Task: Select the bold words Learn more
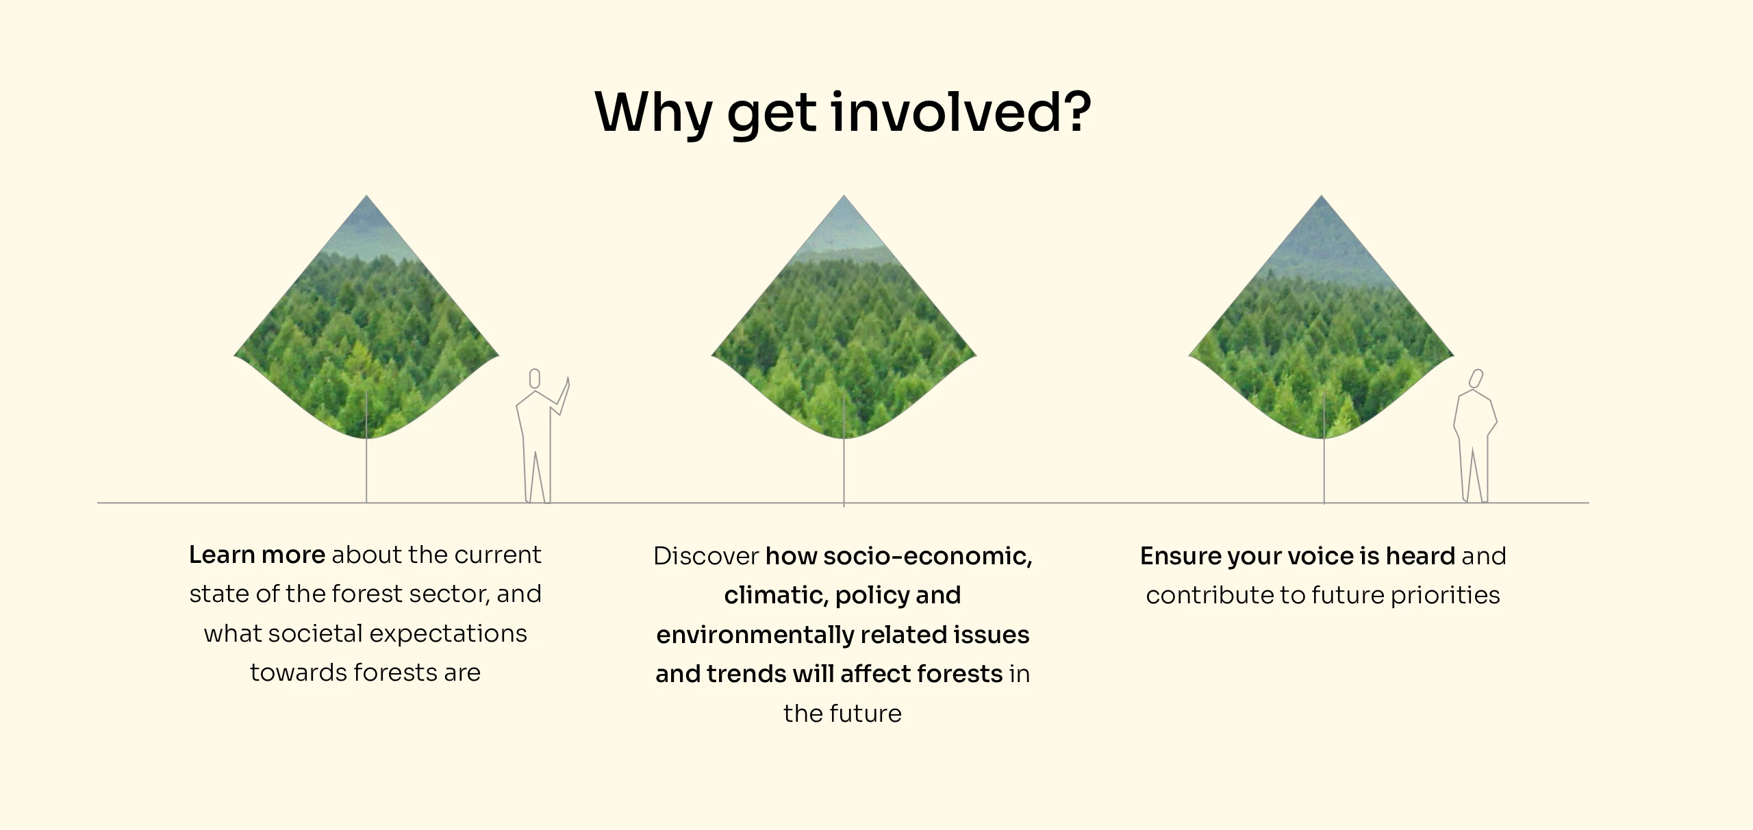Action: (257, 555)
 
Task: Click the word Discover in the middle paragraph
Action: (706, 556)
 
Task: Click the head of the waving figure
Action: (535, 378)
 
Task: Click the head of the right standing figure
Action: (1476, 378)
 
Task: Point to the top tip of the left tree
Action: (366, 196)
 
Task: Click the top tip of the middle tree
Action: (844, 196)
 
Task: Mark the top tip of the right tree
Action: (1321, 196)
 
